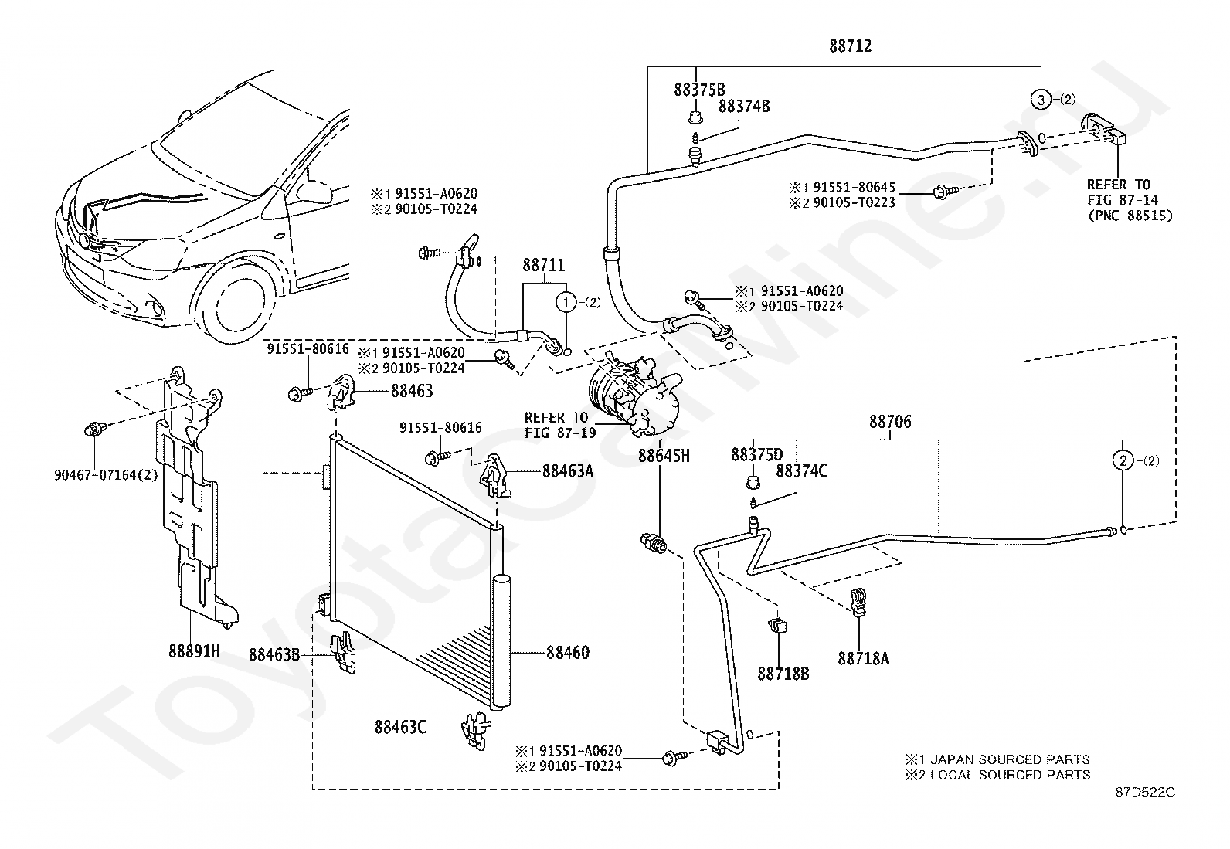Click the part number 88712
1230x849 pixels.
[x=850, y=46]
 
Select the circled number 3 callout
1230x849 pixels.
[x=1040, y=100]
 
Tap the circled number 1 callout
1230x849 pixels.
[x=566, y=301]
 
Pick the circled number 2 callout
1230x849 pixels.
[x=1123, y=460]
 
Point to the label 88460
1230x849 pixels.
[x=568, y=653]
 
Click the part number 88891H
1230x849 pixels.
[x=194, y=651]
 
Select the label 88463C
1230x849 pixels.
[x=400, y=727]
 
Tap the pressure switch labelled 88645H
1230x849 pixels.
[x=654, y=542]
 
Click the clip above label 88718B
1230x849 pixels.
[x=777, y=625]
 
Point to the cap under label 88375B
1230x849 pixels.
[x=696, y=117]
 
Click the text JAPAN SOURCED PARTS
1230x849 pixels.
[x=1010, y=759]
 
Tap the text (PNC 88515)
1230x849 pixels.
[x=1130, y=216]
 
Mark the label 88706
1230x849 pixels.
[x=890, y=422]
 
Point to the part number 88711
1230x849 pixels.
[x=544, y=265]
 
